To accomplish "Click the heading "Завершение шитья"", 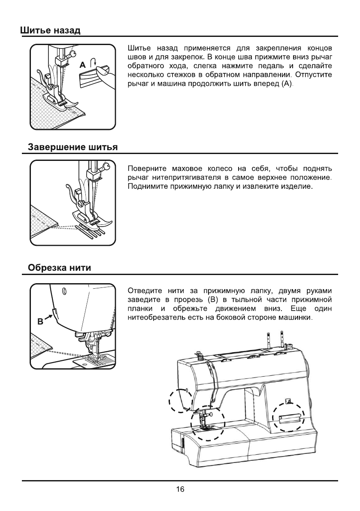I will [x=73, y=148].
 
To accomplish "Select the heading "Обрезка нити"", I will [x=59, y=268].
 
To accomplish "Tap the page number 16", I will [x=180, y=490].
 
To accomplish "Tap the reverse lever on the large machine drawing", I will [x=290, y=418].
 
